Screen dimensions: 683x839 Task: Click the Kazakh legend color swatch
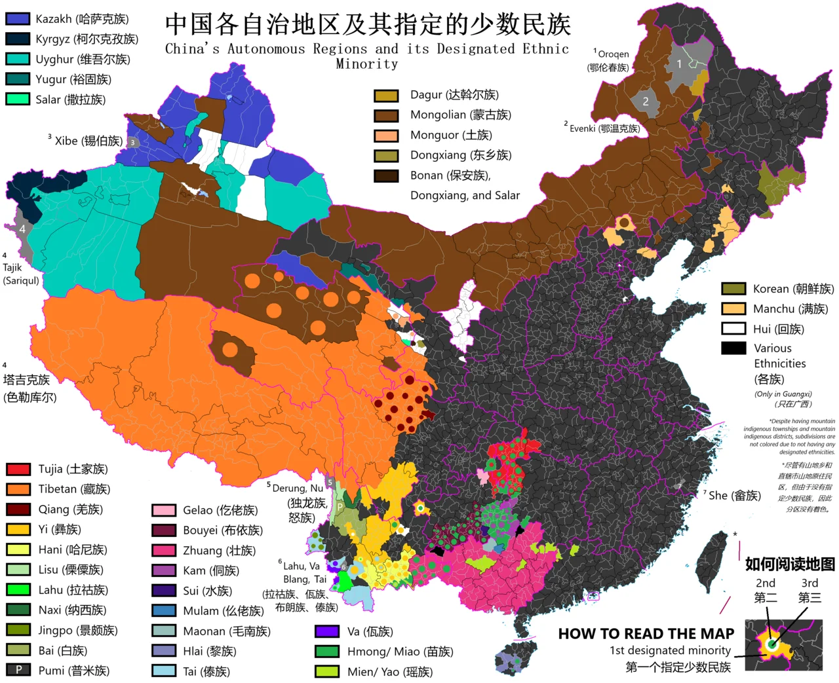click(x=18, y=19)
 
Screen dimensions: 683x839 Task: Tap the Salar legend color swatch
click(x=18, y=100)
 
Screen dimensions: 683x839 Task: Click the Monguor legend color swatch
click(x=386, y=136)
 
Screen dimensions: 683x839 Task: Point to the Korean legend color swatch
click(x=733, y=289)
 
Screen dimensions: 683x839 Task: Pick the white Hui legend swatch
click(x=733, y=329)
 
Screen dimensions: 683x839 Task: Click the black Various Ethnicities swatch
click(x=733, y=348)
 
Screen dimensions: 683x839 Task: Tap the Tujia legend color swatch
click(x=18, y=469)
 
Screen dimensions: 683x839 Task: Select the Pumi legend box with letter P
click(x=18, y=670)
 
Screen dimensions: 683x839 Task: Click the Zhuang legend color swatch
click(x=164, y=551)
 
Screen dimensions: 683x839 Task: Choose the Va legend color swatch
click(x=326, y=631)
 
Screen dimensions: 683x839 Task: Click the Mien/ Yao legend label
click(x=390, y=672)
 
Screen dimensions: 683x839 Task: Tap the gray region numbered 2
click(x=646, y=102)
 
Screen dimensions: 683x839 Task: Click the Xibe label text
click(x=88, y=141)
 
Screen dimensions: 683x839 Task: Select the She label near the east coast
click(x=733, y=496)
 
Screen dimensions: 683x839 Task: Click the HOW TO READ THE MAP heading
click(x=646, y=634)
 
